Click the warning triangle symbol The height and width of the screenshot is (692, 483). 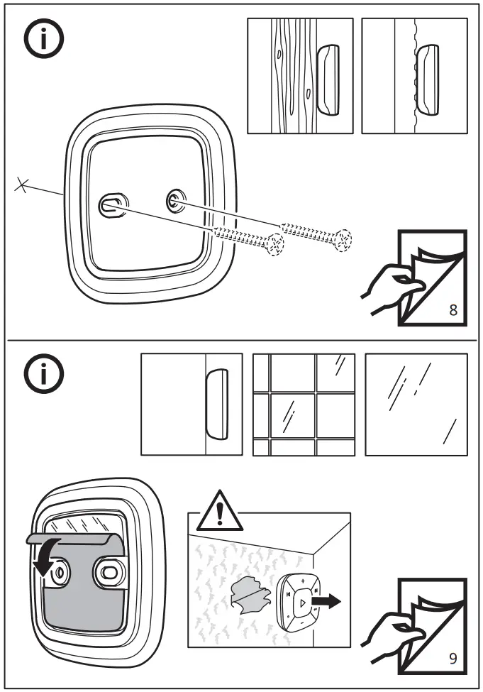click(218, 512)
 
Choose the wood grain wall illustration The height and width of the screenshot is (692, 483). click(300, 76)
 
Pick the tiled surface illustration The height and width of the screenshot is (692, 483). click(304, 405)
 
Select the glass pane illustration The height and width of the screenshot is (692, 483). click(416, 405)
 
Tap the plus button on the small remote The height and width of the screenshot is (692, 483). click(302, 581)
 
